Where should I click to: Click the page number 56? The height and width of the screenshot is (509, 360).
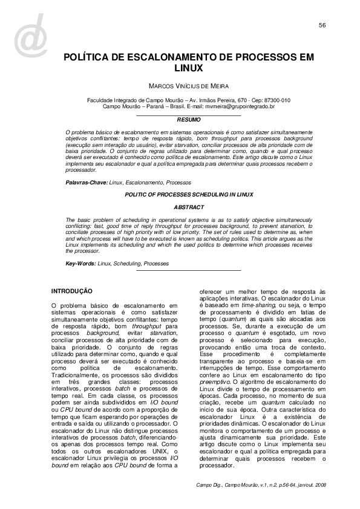pos(322,25)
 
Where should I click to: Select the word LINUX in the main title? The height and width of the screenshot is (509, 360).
pos(188,70)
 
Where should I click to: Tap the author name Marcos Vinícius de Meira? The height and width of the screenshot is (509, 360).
pos(188,86)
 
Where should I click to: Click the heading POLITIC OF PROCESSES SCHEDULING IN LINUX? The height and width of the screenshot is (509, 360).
pos(188,194)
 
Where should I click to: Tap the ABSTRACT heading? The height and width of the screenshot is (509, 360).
pos(188,207)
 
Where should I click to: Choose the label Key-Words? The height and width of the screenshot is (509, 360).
pos(80,264)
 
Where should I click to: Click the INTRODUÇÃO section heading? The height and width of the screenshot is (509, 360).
pos(71,291)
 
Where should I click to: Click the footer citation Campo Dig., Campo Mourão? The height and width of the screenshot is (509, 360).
pos(233,485)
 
